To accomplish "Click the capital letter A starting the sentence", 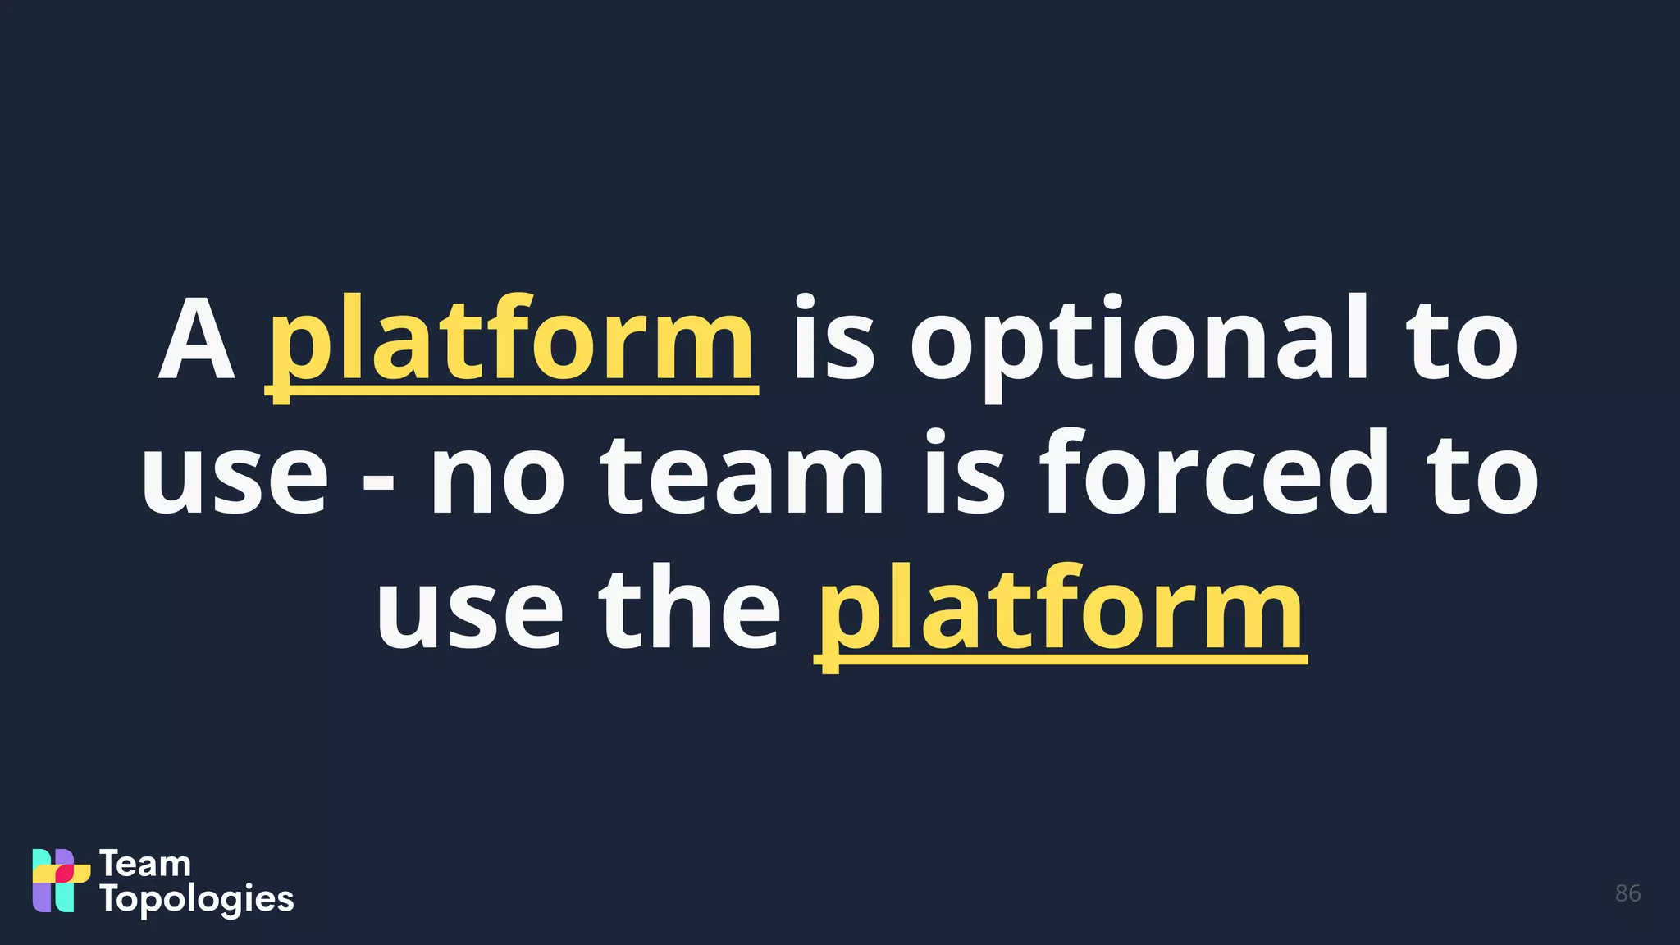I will point(197,340).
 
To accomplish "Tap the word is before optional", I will point(833,340).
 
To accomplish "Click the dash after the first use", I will point(378,485).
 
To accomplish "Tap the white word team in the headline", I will point(743,476).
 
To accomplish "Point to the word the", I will point(689,610).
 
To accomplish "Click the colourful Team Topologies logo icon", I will point(60,880).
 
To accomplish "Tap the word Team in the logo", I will point(145,864).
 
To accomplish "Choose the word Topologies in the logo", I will point(197,900).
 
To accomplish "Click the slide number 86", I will point(1627,893).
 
